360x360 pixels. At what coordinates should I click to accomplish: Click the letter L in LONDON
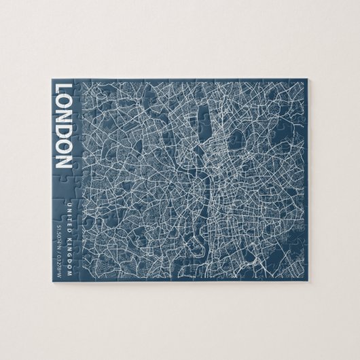(62, 89)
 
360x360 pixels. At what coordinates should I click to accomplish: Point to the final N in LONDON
(62, 161)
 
